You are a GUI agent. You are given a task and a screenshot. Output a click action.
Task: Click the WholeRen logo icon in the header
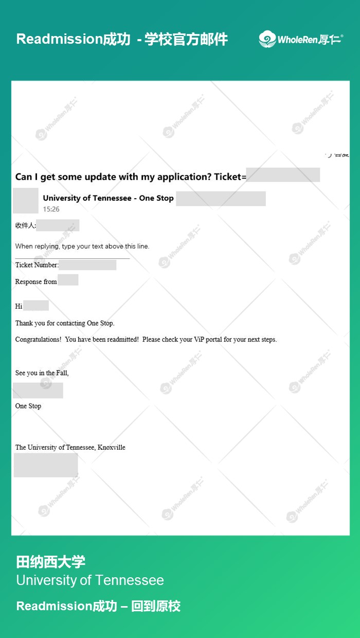[267, 39]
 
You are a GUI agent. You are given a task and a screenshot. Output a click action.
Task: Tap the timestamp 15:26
[51, 209]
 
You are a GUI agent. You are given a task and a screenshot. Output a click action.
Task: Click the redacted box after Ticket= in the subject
[283, 175]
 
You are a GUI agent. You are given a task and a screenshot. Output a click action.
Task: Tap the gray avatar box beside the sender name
[26, 201]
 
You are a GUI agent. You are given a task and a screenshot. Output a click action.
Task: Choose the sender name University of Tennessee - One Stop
[108, 198]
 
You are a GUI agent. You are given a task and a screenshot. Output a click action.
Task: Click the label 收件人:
[25, 226]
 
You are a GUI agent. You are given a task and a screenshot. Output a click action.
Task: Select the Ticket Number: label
[37, 265]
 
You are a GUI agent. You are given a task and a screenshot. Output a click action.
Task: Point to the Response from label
[36, 281]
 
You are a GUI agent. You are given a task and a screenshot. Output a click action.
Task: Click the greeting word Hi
[19, 306]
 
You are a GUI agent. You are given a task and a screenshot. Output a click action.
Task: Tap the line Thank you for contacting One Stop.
[65, 323]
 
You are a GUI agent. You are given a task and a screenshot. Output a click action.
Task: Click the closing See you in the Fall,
[42, 373]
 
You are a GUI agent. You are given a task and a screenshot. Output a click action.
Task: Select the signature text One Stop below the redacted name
[28, 406]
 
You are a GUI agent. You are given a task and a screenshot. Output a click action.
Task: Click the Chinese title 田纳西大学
[50, 561]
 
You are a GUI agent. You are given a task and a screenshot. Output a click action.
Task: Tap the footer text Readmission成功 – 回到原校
[98, 606]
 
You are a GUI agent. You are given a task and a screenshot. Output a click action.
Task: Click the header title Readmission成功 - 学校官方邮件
[122, 39]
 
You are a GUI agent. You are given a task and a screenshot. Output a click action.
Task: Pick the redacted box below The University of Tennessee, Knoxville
[46, 465]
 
